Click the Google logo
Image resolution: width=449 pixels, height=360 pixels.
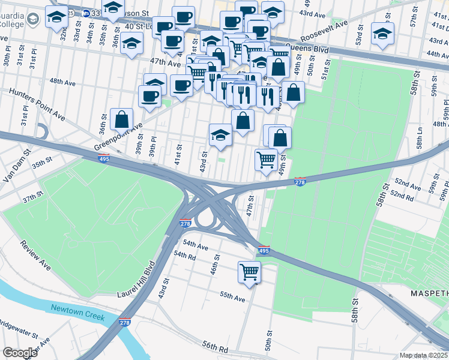coord(20,353)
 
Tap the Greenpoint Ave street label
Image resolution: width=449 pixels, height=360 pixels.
coord(118,137)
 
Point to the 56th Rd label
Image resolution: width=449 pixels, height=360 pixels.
coord(216,349)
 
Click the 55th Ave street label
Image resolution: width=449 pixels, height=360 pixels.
coord(232,297)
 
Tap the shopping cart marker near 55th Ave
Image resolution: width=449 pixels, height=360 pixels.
coord(249,272)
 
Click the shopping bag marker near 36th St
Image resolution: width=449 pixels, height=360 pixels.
coord(121,120)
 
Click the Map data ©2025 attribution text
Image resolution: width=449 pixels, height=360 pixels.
coord(424,355)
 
